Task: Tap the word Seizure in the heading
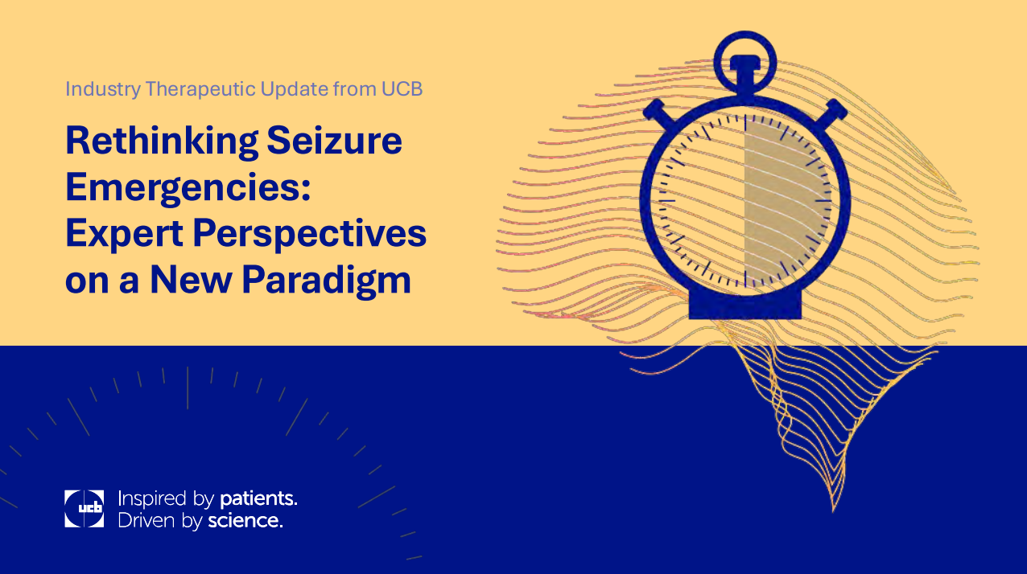coord(334,140)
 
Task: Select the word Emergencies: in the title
coord(188,189)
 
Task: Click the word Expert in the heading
coord(124,234)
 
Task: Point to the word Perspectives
coord(310,234)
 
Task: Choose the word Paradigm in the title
coord(326,281)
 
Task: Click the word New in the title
coord(192,279)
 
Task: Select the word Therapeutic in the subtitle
coord(201,89)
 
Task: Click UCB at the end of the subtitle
coord(402,89)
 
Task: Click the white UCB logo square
coord(84,509)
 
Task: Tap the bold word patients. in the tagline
coord(258,499)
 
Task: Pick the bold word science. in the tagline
coord(245,521)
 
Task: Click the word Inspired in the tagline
coord(153,499)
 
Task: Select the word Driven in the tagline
coord(146,521)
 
